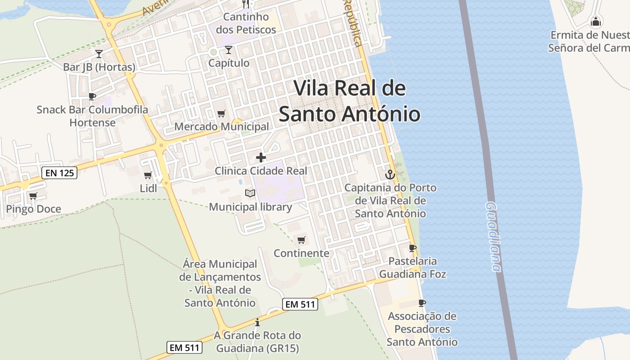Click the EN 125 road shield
click(x=60, y=172)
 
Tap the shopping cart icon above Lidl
click(x=148, y=175)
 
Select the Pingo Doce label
click(x=33, y=209)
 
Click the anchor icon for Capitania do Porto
click(x=390, y=175)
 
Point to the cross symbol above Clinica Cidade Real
click(x=261, y=157)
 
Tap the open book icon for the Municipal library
click(x=250, y=193)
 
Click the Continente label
click(x=301, y=253)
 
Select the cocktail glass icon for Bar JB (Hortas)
click(x=99, y=54)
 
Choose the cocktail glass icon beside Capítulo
click(x=229, y=49)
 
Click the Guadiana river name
click(x=493, y=237)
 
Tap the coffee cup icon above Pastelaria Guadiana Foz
click(x=412, y=247)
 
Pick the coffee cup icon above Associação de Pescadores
click(x=422, y=303)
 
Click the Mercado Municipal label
click(x=221, y=127)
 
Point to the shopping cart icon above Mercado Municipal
click(x=221, y=113)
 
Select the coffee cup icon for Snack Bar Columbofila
click(x=92, y=96)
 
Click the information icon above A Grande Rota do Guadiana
click(x=257, y=322)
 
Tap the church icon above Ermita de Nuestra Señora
click(x=595, y=21)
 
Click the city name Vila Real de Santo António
click(x=350, y=101)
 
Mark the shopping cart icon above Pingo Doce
click(x=33, y=196)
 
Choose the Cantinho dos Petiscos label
click(x=246, y=23)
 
